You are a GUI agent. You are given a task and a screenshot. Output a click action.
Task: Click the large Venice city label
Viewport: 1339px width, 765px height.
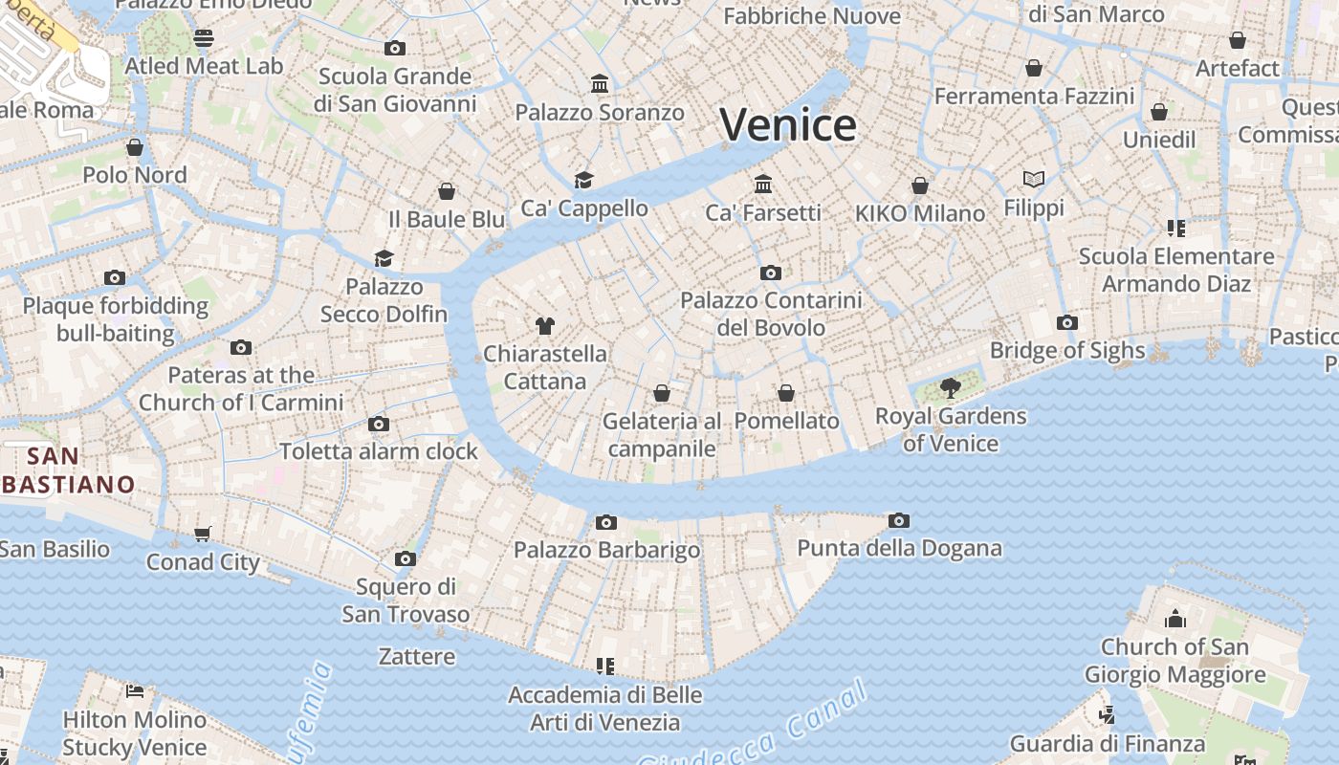(788, 125)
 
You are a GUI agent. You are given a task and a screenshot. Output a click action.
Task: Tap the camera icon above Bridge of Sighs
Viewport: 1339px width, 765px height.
(1067, 323)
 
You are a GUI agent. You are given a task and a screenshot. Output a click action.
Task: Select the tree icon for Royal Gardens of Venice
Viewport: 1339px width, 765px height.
(950, 387)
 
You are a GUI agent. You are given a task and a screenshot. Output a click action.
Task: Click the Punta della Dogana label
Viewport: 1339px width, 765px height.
(899, 548)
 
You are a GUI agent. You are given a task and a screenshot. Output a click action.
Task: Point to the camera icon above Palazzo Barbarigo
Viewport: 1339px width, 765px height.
(605, 522)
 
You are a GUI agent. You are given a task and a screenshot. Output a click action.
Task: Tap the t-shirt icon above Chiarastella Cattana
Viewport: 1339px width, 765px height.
(545, 326)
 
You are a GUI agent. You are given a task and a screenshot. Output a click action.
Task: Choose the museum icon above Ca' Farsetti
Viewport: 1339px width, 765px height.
(763, 184)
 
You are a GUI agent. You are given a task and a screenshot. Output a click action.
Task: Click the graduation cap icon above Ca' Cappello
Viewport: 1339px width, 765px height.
(583, 180)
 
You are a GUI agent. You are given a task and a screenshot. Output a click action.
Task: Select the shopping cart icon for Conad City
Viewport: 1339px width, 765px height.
(202, 535)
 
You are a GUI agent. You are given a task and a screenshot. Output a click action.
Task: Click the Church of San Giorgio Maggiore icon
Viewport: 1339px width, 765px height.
(1174, 619)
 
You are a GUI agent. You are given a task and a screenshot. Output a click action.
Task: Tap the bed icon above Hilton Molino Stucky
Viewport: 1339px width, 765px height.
(135, 691)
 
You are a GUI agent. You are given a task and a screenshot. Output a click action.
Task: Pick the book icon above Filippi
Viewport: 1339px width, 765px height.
(1033, 179)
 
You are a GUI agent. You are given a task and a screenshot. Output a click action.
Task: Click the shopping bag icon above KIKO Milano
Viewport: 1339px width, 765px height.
(920, 186)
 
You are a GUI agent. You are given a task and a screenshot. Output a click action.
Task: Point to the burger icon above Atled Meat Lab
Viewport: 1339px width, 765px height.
(204, 38)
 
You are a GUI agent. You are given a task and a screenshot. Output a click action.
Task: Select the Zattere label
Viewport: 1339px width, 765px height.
(416, 657)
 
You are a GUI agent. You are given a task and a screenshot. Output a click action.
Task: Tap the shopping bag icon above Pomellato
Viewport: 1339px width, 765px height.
(785, 393)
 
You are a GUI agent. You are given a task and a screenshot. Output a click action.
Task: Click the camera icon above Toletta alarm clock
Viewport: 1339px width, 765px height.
(379, 424)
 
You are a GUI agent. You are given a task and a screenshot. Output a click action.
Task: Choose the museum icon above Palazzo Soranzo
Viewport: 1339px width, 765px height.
(600, 84)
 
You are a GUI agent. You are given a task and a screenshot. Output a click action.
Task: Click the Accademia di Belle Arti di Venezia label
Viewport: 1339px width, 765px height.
(604, 708)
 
